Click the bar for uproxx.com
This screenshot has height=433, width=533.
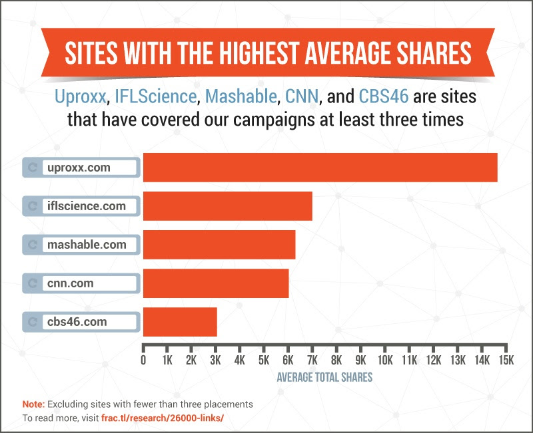tap(320, 167)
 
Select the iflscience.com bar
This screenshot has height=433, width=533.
tap(227, 206)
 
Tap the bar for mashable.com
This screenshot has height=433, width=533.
tap(219, 244)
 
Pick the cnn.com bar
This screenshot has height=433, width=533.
tap(215, 283)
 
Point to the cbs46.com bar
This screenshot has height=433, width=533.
tap(180, 322)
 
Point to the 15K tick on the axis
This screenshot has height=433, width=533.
tap(506, 361)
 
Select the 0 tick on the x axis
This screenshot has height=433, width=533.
tap(143, 361)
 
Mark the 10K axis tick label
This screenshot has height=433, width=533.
tap(384, 361)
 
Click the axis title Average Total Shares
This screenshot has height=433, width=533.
tap(324, 376)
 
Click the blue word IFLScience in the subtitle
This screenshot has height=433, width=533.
tap(157, 98)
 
